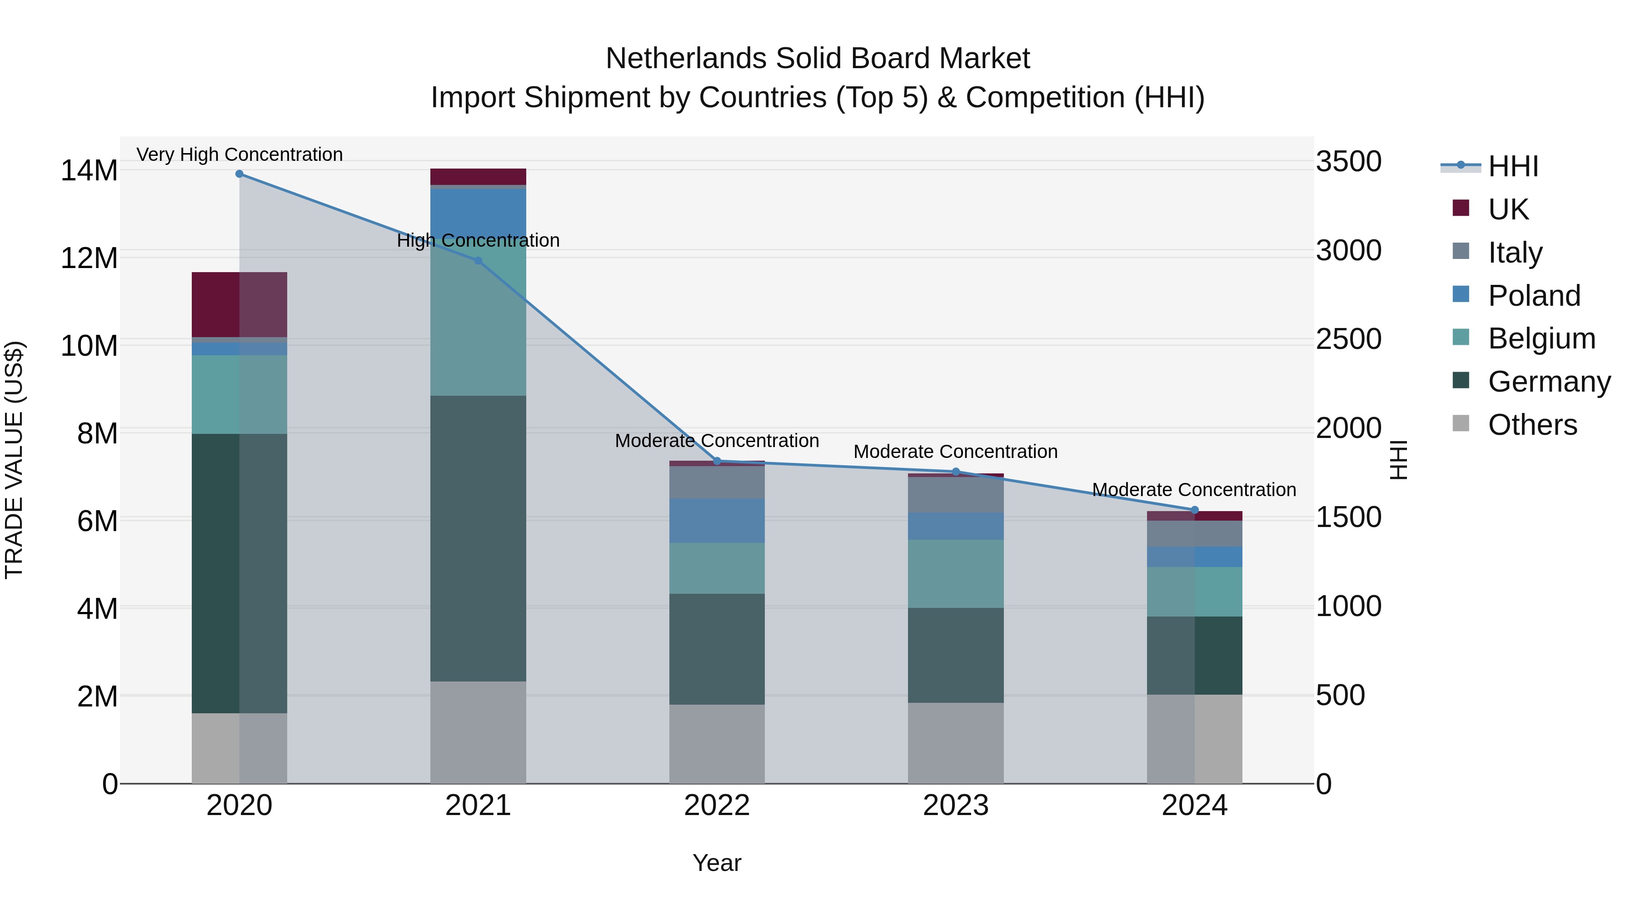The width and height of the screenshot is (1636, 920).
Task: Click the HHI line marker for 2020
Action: click(x=239, y=174)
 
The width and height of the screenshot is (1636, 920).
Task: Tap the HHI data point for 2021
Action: click(x=478, y=260)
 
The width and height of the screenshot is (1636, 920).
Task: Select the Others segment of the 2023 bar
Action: click(x=956, y=743)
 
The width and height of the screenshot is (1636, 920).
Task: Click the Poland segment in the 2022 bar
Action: click(x=717, y=521)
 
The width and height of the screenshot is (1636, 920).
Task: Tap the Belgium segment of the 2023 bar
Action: click(x=956, y=574)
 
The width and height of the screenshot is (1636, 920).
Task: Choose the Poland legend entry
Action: click(x=1533, y=296)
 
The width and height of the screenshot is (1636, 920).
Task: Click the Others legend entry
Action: click(x=1532, y=425)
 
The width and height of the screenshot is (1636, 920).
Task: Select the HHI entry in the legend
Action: click(x=1513, y=166)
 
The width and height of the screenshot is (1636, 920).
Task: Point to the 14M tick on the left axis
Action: click(x=89, y=171)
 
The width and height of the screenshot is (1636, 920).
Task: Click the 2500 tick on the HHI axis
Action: click(x=1348, y=339)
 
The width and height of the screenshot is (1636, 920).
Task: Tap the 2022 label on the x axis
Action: click(x=717, y=806)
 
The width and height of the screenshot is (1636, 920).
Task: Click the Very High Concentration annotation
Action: click(x=239, y=154)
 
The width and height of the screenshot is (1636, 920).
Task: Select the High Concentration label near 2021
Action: click(x=478, y=241)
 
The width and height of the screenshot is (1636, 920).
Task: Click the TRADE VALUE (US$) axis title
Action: click(x=14, y=460)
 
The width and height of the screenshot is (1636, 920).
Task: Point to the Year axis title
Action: click(x=717, y=863)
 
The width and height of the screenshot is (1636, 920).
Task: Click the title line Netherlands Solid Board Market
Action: click(x=818, y=59)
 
